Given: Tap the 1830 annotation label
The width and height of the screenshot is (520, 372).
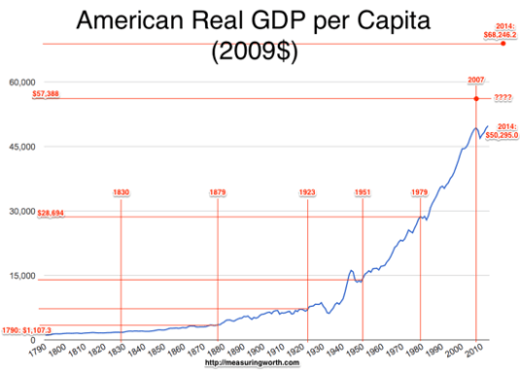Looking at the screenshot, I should point(121,192).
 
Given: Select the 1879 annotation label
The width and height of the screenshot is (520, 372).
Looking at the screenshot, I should point(218,192).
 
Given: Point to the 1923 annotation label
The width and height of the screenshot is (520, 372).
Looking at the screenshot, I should point(306,192).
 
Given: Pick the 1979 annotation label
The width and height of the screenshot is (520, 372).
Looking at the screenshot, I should point(419,192).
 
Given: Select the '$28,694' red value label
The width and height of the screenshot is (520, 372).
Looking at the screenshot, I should point(51,214).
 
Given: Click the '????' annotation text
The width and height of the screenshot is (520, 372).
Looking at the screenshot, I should point(504,98).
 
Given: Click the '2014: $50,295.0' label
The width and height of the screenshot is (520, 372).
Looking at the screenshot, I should point(503,131).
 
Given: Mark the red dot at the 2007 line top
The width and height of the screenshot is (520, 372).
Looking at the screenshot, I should point(476,99).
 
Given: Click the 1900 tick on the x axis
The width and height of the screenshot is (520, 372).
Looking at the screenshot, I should point(254,350).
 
